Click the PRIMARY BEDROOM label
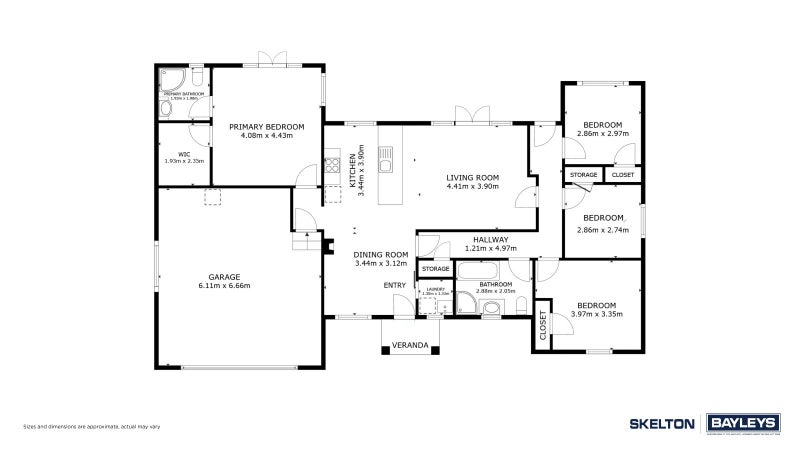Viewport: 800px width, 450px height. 266,127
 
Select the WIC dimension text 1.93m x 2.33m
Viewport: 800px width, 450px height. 184,161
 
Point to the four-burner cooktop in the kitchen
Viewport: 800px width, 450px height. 331,161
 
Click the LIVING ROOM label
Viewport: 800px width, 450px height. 472,177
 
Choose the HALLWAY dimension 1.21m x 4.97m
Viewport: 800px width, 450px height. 491,249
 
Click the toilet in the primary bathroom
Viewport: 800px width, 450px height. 197,77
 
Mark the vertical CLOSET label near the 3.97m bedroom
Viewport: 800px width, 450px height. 544,325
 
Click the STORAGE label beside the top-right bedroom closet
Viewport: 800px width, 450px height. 583,175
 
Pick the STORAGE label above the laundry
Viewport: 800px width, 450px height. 435,269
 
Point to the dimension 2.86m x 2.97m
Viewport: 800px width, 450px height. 603,133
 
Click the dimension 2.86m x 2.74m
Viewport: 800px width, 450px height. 603,229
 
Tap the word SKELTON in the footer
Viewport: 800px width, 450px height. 662,424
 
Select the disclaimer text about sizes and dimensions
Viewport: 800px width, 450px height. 92,427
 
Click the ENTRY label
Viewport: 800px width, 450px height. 395,285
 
